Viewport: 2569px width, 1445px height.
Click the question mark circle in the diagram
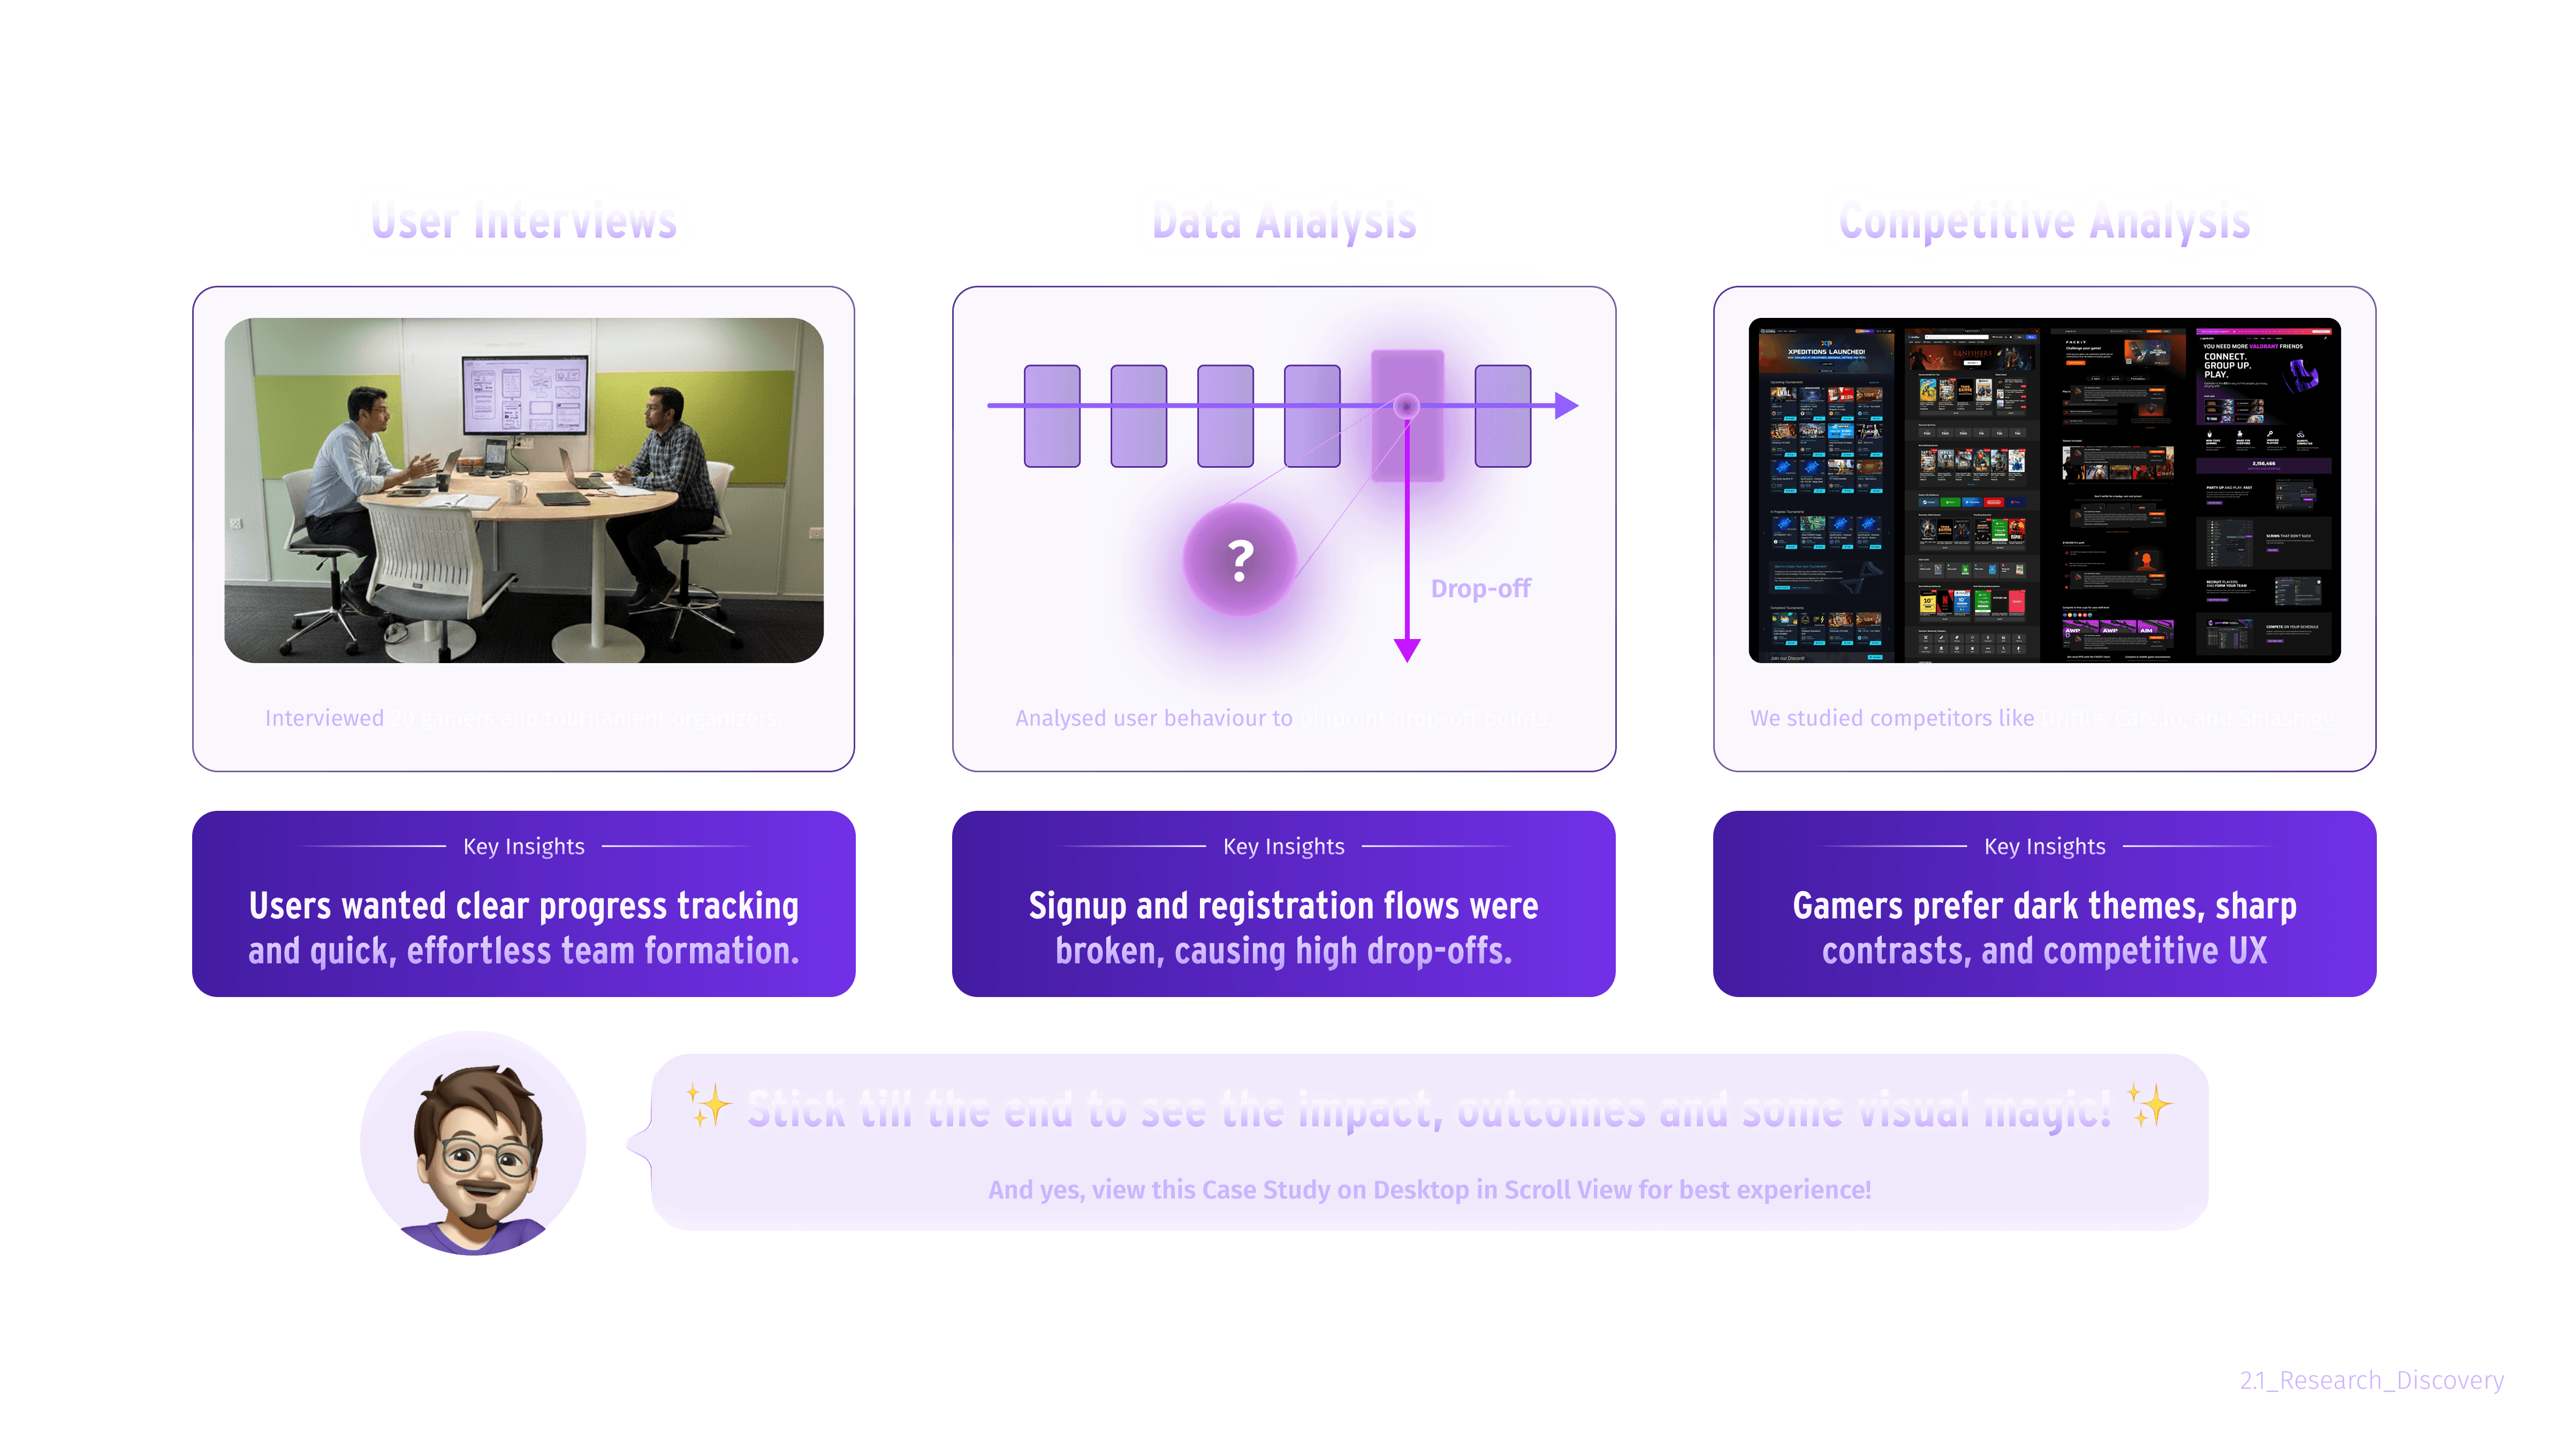(1240, 560)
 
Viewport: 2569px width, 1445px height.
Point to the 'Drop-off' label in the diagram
(1480, 589)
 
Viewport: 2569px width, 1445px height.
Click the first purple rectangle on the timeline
(1052, 416)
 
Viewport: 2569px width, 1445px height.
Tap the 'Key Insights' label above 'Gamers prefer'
(2044, 847)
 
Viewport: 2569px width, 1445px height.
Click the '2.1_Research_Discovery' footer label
(2370, 1380)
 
